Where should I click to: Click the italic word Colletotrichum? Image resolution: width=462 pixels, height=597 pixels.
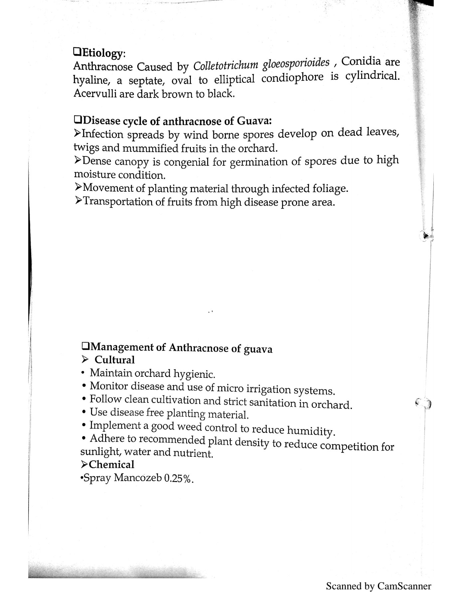coord(226,65)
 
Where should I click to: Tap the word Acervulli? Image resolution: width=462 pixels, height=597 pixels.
coord(95,94)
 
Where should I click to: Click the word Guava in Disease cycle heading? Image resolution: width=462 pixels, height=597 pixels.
coord(254,120)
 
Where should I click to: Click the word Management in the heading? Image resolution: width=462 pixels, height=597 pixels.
coord(122,347)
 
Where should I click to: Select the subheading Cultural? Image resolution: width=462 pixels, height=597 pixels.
coord(114,360)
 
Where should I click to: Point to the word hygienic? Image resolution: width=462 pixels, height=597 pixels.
coord(194,374)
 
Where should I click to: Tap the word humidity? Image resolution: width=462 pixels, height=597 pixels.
coord(310,431)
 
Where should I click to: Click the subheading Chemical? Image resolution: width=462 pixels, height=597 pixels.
coord(111,464)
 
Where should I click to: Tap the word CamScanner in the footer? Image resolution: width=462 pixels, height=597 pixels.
coord(404,586)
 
